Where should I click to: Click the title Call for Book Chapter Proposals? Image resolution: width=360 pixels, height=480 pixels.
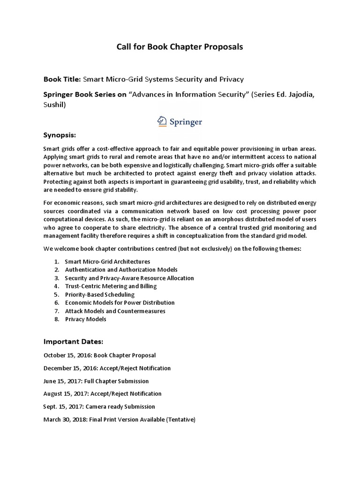point(180,47)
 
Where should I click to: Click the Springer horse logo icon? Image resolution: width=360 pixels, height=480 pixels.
point(162,121)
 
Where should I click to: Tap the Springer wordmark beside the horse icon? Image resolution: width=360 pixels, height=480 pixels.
point(186,122)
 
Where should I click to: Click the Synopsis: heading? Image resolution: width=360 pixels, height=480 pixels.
point(60,135)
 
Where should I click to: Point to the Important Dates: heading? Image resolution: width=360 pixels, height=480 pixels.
point(73,341)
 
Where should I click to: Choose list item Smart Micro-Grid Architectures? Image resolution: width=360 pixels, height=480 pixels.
point(107,262)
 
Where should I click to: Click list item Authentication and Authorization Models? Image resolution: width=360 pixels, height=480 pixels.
point(121,270)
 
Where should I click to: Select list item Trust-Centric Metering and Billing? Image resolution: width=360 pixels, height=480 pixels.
point(111,286)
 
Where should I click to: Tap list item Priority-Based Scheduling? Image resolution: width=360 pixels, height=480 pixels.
point(99,295)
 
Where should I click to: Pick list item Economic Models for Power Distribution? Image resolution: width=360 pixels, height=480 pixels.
point(120,303)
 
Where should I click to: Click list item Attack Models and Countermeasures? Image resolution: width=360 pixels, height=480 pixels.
point(115,311)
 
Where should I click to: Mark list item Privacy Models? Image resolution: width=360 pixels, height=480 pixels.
point(85,319)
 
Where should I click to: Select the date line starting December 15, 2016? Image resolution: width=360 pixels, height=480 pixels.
point(107,368)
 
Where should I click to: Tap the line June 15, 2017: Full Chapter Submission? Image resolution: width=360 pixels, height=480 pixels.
point(96,381)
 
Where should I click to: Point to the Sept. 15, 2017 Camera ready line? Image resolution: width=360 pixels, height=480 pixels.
point(99,406)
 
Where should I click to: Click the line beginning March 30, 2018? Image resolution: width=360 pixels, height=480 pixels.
point(119,420)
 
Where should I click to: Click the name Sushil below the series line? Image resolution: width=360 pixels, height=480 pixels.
point(55,105)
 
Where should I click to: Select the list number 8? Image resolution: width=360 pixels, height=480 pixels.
point(56,319)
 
